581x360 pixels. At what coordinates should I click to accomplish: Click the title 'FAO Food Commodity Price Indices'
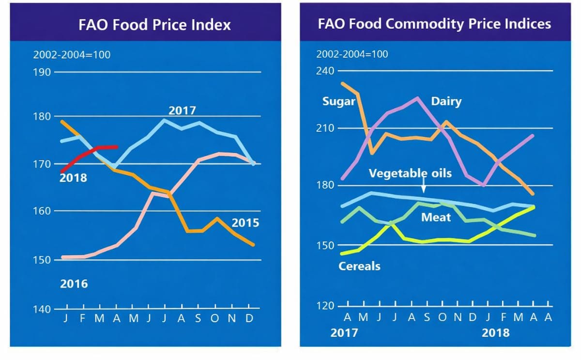[434, 24]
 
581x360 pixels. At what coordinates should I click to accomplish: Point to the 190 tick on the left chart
[42, 73]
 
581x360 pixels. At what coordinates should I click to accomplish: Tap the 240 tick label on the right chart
[325, 71]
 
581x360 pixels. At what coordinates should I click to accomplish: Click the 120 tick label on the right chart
[325, 306]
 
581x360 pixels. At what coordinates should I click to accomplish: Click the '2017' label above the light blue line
[182, 110]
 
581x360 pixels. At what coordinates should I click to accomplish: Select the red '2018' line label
[73, 178]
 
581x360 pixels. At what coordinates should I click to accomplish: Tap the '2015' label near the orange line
[245, 223]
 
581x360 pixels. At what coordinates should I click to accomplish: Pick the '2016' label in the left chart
[74, 284]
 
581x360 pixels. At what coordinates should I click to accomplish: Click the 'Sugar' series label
[339, 102]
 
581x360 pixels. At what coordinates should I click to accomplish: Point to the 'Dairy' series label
[446, 102]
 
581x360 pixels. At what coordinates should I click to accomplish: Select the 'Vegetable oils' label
[410, 173]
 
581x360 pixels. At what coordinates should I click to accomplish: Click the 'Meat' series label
[436, 217]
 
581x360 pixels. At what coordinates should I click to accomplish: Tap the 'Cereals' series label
[359, 266]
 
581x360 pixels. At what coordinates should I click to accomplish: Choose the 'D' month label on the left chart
[249, 318]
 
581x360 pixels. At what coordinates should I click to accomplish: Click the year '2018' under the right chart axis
[495, 333]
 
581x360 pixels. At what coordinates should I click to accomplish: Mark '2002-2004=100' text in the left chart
[72, 55]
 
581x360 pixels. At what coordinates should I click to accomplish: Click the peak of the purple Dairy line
[418, 98]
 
